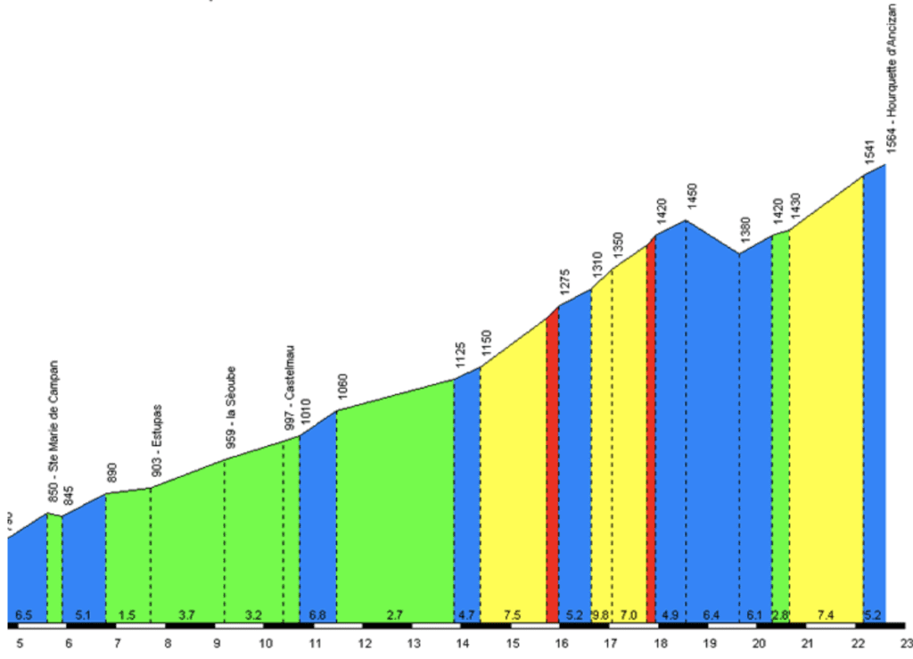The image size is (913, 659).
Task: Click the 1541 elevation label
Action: click(x=869, y=153)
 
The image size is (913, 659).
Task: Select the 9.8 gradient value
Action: click(x=600, y=615)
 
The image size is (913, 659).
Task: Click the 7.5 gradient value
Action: click(x=512, y=615)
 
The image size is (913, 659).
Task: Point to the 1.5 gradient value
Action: click(x=127, y=615)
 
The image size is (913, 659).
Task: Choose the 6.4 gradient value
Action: click(x=711, y=615)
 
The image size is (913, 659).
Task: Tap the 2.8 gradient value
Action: click(x=780, y=615)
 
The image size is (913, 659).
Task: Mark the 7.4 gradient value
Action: click(x=825, y=615)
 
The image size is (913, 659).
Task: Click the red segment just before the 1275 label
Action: click(x=552, y=464)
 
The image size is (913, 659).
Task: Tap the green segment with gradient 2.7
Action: click(x=395, y=508)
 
